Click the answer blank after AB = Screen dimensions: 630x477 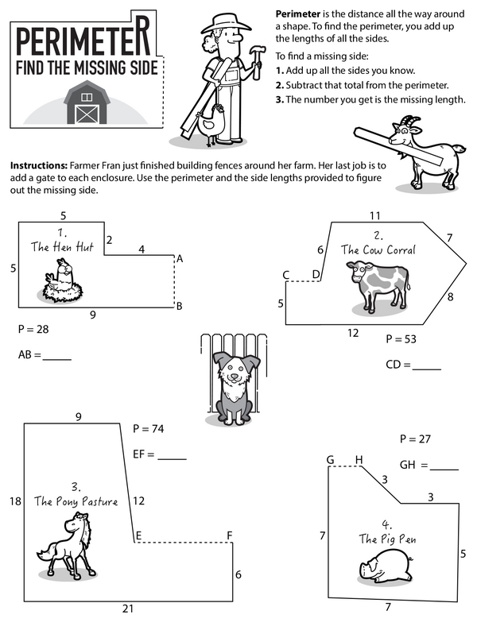(56, 357)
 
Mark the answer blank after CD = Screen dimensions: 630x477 (426, 366)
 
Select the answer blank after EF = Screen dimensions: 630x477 (172, 456)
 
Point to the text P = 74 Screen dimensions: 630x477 (148, 429)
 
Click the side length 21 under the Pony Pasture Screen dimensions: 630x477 (128, 609)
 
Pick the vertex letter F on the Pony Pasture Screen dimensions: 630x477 (229, 535)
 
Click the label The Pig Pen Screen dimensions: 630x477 (387, 539)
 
